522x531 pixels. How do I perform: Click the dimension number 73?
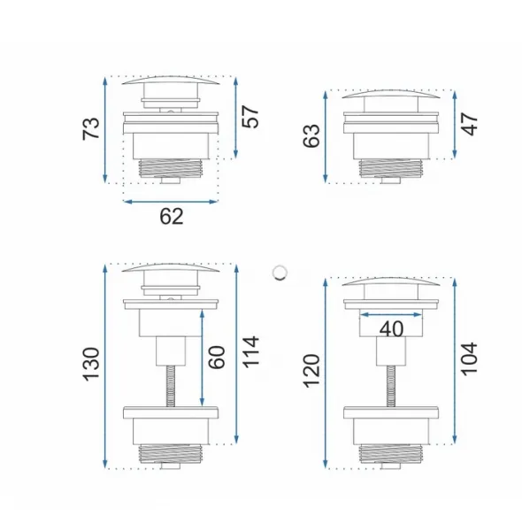91,128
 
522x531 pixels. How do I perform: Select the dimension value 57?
250,117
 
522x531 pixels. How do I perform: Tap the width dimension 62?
172,217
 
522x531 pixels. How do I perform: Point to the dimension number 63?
311,135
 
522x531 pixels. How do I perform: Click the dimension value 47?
470,125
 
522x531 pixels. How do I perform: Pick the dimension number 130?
91,364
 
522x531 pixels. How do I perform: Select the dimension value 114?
251,352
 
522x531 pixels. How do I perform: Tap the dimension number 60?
217,358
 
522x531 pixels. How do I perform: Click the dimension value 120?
311,371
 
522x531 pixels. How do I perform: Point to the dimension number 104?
470,358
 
